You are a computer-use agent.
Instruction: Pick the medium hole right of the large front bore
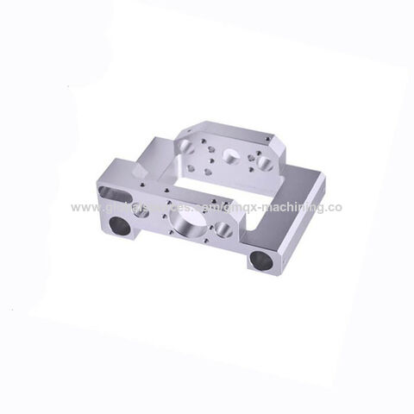(x=223, y=229)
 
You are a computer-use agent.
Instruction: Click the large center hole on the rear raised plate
(x=231, y=155)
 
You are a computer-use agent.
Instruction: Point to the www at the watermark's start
(x=84, y=208)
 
